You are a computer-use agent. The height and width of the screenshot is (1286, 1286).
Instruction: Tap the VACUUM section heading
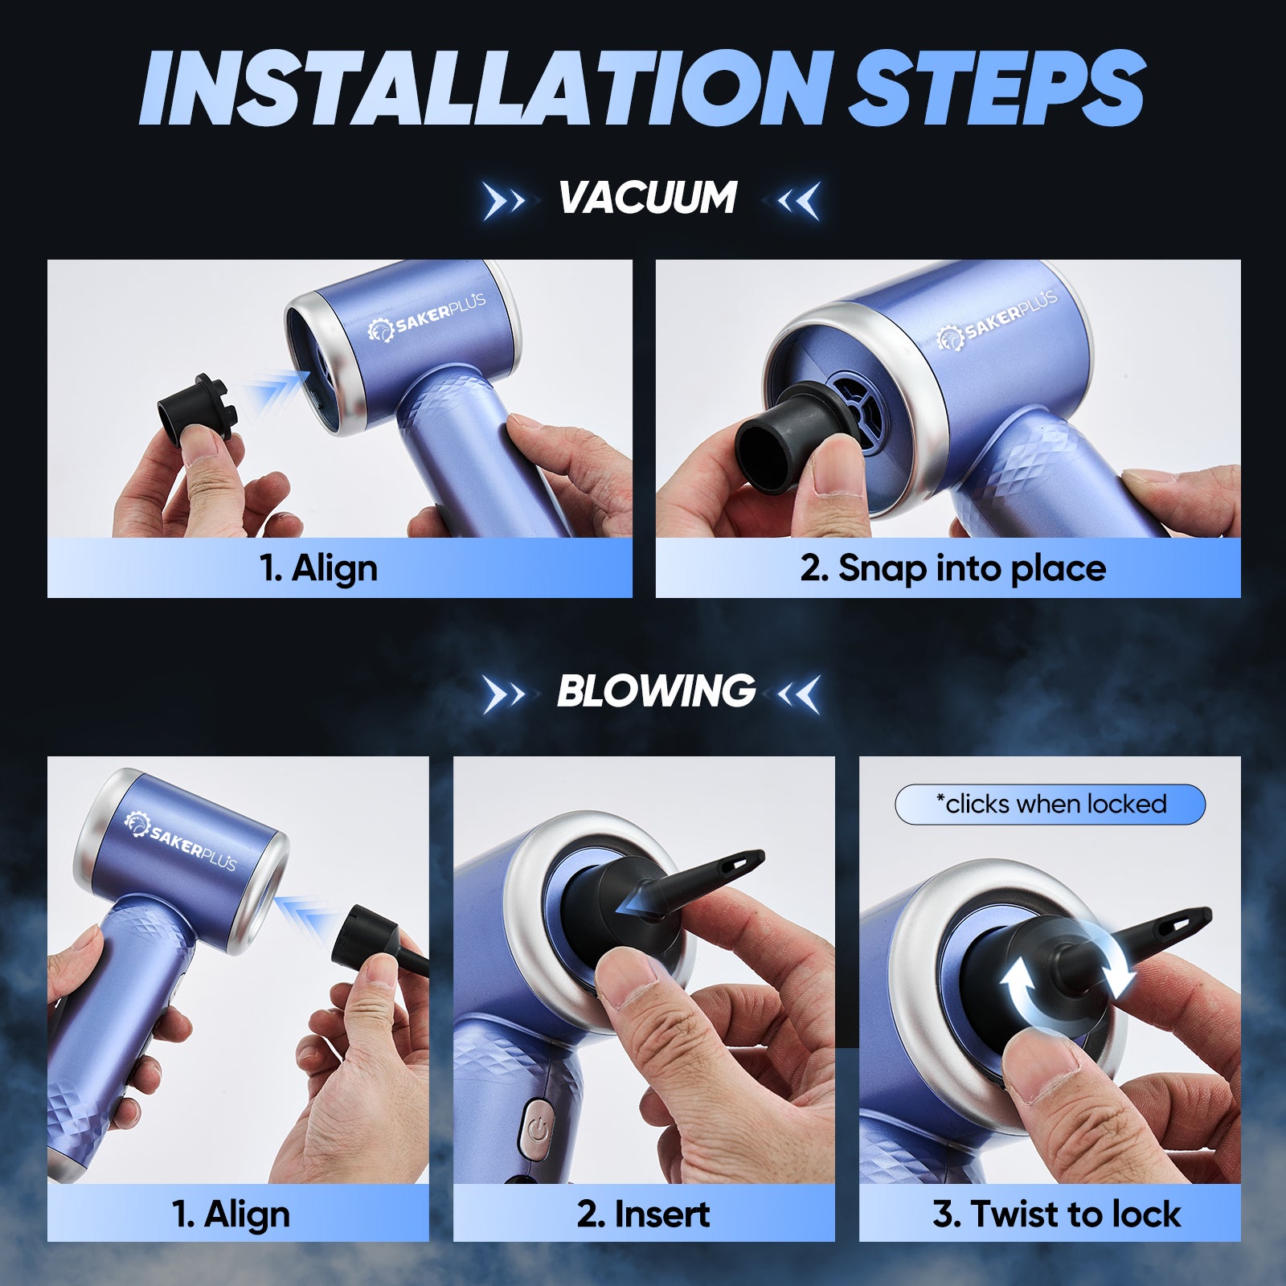(x=648, y=198)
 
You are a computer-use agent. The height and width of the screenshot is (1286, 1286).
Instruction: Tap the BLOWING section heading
(x=656, y=690)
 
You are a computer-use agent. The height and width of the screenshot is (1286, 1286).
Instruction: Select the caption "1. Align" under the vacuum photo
(x=318, y=568)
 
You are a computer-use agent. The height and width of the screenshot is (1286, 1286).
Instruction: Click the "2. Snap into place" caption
(x=953, y=568)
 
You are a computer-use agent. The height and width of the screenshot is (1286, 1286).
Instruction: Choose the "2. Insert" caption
(x=643, y=1214)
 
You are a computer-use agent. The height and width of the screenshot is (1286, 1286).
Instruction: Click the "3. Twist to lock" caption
(x=1056, y=1214)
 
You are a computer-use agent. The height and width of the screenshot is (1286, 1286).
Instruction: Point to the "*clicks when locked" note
(x=1051, y=804)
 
